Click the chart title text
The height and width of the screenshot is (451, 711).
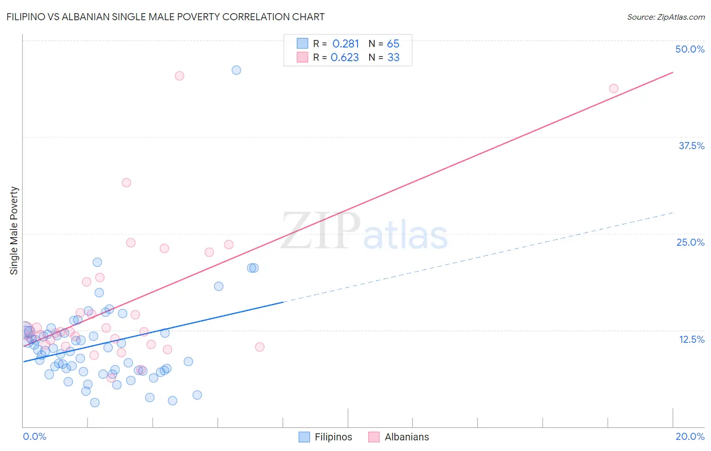165,17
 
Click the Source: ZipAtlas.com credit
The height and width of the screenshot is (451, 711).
665,17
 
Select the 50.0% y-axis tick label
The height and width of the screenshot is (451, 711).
690,49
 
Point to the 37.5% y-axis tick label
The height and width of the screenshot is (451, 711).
691,146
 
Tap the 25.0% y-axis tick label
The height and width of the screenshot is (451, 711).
690,242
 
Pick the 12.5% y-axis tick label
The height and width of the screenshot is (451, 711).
691,339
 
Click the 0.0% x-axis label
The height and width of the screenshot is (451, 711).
34,436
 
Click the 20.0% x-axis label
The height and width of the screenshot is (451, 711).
690,436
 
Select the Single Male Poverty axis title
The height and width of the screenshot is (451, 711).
14,231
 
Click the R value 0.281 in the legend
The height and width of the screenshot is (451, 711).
345,44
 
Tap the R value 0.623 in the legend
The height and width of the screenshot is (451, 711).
345,58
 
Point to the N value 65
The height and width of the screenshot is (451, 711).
393,44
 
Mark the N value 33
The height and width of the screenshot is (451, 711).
393,58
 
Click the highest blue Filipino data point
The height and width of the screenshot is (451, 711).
236,70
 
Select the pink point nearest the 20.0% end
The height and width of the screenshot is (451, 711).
613,88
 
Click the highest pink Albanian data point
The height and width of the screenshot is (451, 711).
179,76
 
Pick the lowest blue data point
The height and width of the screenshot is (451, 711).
95,402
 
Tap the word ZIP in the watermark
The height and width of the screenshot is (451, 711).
320,231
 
